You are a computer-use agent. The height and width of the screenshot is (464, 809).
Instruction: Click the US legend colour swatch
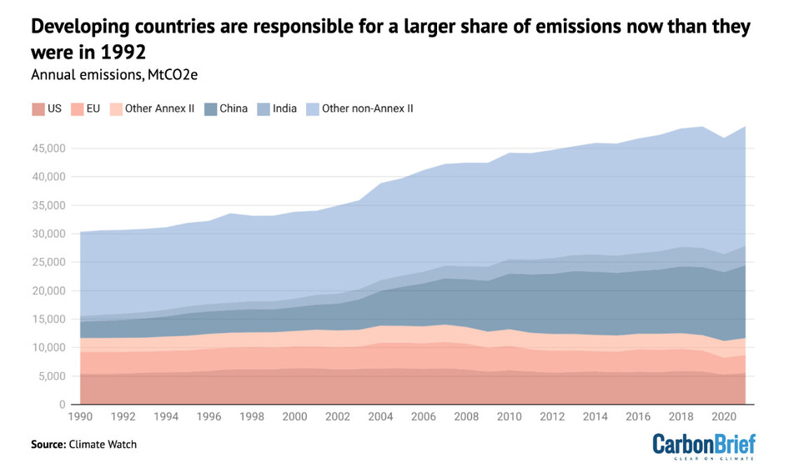click(x=38, y=108)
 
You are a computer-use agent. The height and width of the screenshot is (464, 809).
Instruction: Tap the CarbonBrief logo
click(x=703, y=445)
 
